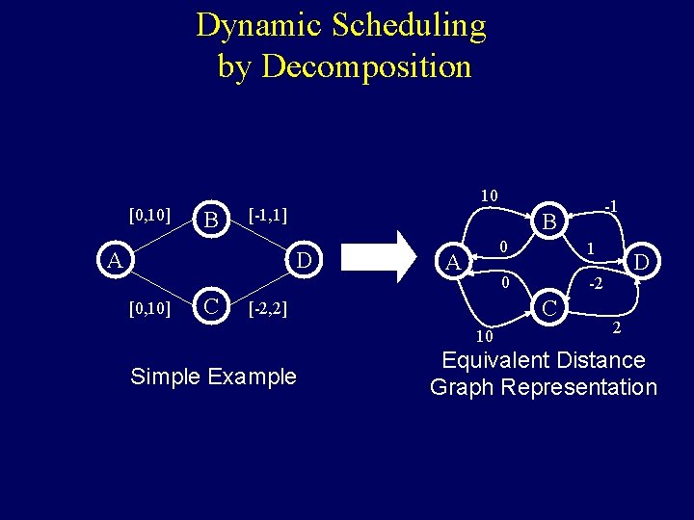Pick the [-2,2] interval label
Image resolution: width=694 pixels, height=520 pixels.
pyautogui.click(x=268, y=310)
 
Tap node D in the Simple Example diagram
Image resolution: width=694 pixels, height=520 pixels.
pyautogui.click(x=303, y=260)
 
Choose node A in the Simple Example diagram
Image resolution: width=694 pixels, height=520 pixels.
pyautogui.click(x=115, y=260)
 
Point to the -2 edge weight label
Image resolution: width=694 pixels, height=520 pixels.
pyautogui.click(x=598, y=285)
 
